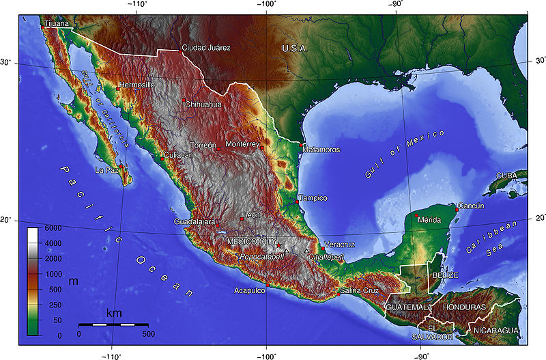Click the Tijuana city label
[56, 24]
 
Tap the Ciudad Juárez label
[207, 48]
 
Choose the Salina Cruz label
[359, 291]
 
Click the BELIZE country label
[445, 275]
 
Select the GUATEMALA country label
[408, 307]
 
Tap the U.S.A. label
[296, 49]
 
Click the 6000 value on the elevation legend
[53, 227]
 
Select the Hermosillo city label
[137, 85]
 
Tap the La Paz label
[107, 169]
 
